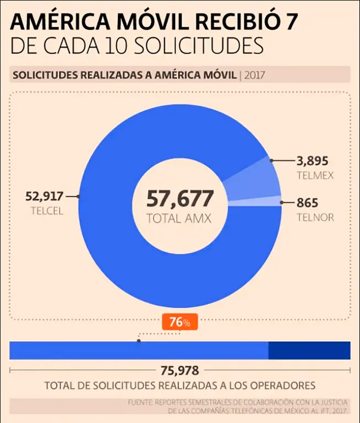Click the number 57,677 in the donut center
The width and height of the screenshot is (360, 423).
click(x=179, y=199)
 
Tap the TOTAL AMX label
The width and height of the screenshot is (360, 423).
click(x=179, y=218)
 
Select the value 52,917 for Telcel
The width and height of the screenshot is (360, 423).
click(x=45, y=196)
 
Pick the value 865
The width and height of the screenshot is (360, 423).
click(x=307, y=203)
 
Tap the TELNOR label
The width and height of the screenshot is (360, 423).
click(x=315, y=217)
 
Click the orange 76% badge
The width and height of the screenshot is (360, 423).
click(x=180, y=322)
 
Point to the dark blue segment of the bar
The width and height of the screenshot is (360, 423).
click(x=309, y=350)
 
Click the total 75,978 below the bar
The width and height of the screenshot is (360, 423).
click(x=180, y=370)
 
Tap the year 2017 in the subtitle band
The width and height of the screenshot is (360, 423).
click(x=254, y=74)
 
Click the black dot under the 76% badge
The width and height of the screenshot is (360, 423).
click(x=139, y=341)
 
